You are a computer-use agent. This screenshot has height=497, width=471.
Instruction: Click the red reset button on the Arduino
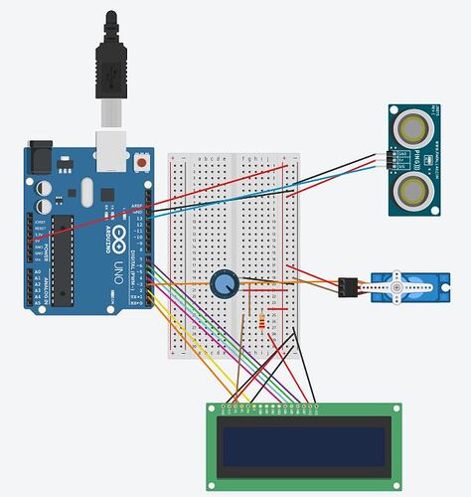[144, 160]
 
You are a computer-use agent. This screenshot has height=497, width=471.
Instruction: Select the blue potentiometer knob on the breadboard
[225, 283]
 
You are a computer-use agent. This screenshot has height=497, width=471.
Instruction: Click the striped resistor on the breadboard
[261, 321]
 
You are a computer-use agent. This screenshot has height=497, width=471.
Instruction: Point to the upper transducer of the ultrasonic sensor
[413, 126]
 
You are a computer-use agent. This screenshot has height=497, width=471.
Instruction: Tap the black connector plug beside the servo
[347, 287]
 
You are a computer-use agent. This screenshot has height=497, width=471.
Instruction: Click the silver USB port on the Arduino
[111, 145]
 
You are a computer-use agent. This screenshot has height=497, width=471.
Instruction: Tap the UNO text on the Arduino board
[120, 267]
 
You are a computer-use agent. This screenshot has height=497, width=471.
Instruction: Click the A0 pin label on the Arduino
[38, 271]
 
